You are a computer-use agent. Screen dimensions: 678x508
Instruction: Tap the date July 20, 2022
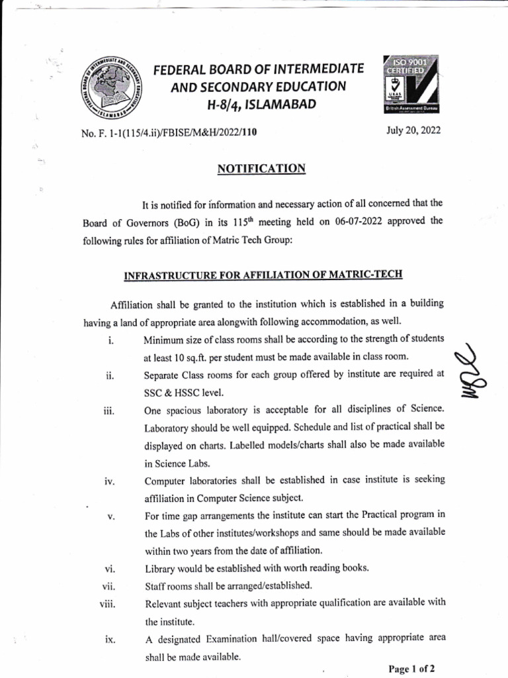[x=414, y=130]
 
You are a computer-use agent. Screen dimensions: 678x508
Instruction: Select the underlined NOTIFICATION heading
[x=261, y=169]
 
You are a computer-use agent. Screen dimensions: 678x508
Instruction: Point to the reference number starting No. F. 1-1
[x=168, y=132]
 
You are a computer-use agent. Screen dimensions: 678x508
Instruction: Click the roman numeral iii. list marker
[x=109, y=411]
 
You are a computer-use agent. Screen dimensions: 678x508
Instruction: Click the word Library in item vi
[x=161, y=568]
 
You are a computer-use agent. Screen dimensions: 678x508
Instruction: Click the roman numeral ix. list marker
[x=110, y=640]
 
